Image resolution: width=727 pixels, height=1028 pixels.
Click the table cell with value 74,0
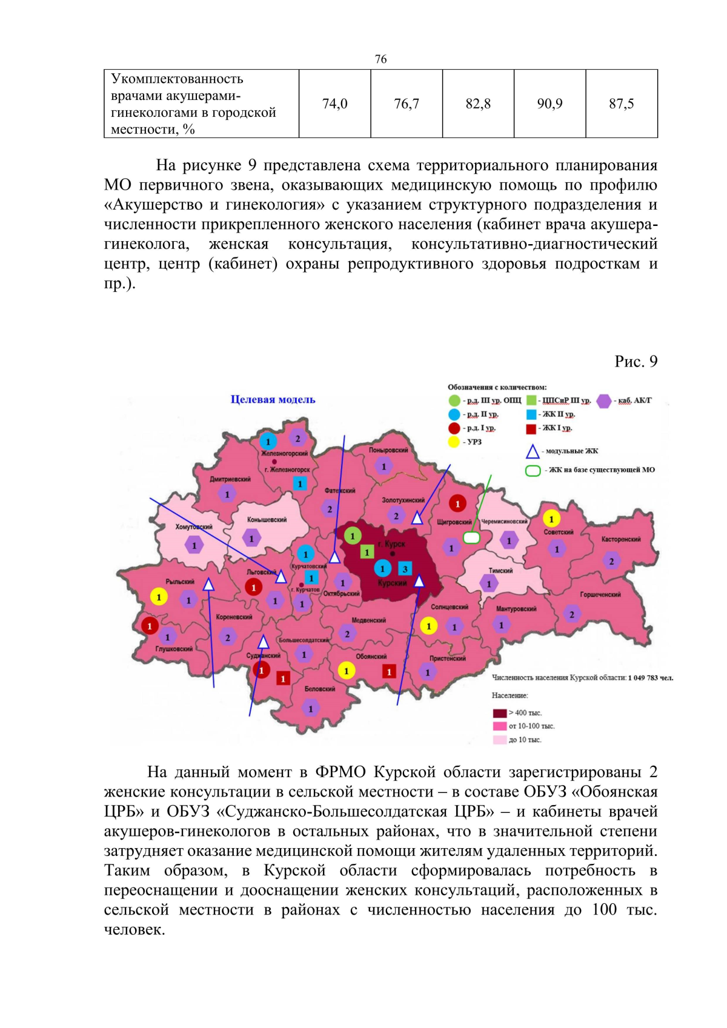(x=334, y=104)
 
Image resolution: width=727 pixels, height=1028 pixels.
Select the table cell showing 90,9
(x=549, y=104)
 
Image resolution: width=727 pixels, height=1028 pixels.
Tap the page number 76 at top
(x=380, y=59)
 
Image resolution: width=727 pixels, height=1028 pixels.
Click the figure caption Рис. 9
(x=636, y=361)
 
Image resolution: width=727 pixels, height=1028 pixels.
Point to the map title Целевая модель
(x=273, y=399)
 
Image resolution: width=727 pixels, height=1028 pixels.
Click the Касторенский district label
(x=620, y=539)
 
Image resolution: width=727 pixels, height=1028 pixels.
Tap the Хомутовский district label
(x=194, y=527)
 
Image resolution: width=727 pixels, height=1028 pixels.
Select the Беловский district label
(x=319, y=689)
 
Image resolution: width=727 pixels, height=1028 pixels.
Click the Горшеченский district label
(x=600, y=594)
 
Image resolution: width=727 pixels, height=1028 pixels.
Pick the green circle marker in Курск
(x=353, y=536)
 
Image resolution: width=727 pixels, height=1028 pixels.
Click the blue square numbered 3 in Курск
(x=405, y=569)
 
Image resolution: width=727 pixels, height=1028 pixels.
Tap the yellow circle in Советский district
(x=551, y=519)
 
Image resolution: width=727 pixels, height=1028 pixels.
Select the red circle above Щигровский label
(x=457, y=503)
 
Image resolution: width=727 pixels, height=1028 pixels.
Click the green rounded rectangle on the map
(x=471, y=537)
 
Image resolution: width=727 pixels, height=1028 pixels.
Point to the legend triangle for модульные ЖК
(x=532, y=451)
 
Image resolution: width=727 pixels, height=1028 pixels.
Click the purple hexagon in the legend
(x=603, y=400)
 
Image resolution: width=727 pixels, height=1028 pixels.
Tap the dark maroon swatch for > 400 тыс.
(x=499, y=713)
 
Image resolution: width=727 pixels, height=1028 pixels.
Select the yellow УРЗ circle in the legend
(x=454, y=442)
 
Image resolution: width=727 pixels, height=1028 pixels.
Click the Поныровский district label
(x=388, y=450)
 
